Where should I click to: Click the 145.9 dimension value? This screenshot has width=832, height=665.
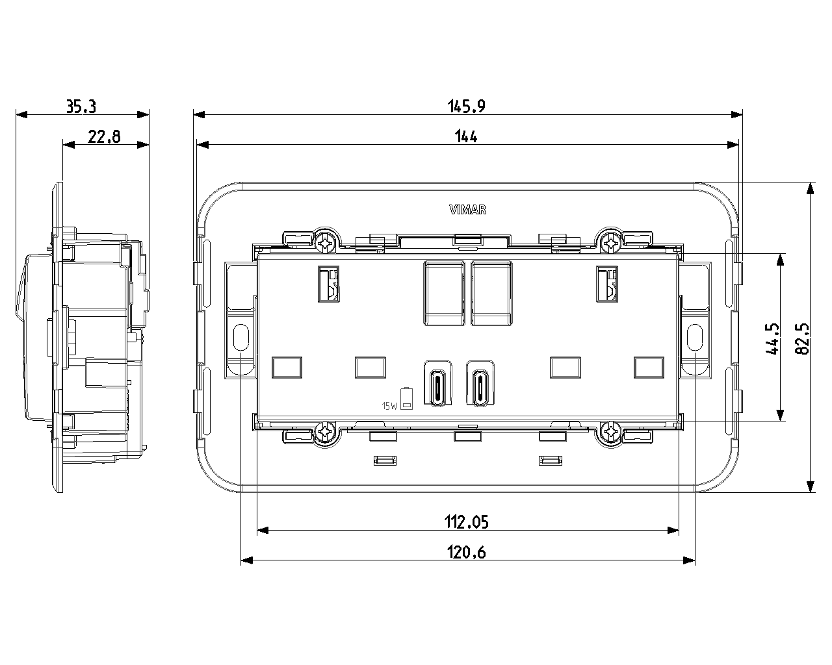tap(466, 107)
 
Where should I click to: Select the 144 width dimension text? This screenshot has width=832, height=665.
tap(466, 136)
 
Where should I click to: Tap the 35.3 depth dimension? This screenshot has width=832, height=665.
tap(81, 107)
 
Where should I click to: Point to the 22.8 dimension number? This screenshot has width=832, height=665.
tap(104, 137)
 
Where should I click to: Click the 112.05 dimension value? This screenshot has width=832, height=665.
tap(466, 521)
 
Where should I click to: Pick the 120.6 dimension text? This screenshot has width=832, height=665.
tap(466, 552)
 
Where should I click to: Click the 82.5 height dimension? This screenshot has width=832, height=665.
tap(802, 338)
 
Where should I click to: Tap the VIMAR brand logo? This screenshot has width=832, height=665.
tap(468, 210)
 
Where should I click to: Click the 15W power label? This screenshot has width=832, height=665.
tap(389, 406)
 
